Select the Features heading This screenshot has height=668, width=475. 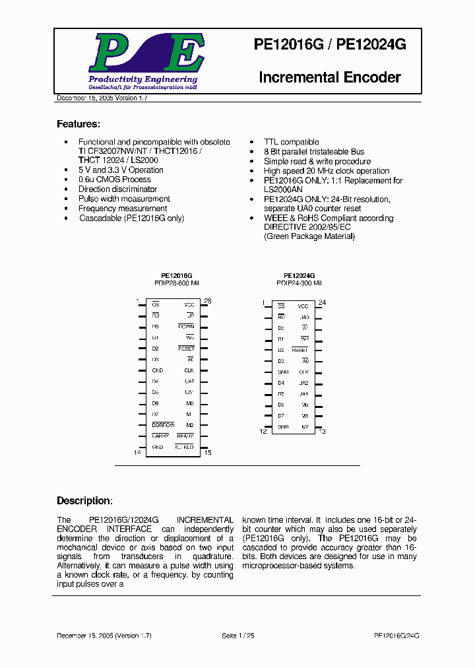point(79,124)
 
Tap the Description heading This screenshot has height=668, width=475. point(84,500)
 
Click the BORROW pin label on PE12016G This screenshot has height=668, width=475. point(164,425)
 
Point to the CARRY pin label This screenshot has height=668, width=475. point(161,436)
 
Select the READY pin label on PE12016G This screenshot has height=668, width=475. point(185,436)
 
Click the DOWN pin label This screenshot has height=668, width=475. point(186,327)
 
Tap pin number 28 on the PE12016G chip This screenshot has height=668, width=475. point(207,301)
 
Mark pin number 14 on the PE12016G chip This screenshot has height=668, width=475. point(138,452)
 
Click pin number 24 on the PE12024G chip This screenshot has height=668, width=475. point(323,302)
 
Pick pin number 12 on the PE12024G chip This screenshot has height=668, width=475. point(263,431)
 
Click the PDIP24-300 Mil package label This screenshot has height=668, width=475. point(299,283)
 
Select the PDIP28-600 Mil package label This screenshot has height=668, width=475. point(176,283)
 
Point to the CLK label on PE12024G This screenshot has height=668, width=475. point(304,372)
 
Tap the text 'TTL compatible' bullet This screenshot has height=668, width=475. point(291,142)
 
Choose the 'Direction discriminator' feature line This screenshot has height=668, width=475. point(117,189)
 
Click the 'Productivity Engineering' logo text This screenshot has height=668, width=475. point(142,80)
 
